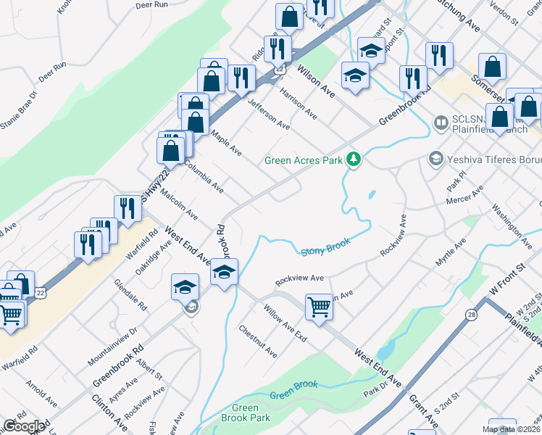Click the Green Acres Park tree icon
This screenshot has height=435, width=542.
353,159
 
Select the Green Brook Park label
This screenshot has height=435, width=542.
245,413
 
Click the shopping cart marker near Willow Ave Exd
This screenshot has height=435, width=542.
319,307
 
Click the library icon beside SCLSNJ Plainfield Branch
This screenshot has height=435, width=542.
441,124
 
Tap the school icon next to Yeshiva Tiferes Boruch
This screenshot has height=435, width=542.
435,157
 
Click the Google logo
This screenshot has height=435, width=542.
24,426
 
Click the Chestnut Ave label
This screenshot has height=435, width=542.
258,341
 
